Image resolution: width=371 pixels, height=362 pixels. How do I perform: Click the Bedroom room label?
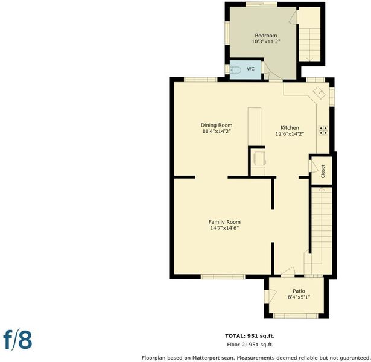(265, 36)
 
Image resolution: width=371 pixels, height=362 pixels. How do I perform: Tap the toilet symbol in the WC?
(235, 70)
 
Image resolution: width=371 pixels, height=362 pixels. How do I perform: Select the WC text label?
(250, 69)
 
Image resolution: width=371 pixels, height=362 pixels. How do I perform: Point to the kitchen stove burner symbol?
(323, 130)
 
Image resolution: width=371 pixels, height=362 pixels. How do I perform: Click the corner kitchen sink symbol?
(319, 92)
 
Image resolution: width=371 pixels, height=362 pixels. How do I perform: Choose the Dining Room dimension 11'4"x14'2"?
(216, 131)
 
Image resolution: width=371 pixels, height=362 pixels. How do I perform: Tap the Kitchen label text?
(290, 127)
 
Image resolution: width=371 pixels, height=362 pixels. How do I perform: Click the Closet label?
(323, 171)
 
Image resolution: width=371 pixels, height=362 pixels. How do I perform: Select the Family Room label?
(224, 222)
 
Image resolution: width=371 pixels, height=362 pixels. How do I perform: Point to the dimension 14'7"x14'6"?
(224, 228)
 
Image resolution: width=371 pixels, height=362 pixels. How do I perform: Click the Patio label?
(299, 291)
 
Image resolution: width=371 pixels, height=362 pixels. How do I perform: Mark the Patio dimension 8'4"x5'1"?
(299, 297)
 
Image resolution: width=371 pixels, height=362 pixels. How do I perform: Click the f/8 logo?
(17, 340)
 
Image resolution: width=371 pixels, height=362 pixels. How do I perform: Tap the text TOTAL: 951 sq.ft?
(250, 335)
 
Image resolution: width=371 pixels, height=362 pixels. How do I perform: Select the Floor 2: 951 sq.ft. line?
(250, 345)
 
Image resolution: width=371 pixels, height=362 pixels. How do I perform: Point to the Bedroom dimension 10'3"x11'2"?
(265, 42)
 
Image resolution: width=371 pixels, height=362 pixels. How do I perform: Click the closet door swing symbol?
(313, 166)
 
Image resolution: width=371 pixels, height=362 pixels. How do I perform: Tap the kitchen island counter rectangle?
(255, 127)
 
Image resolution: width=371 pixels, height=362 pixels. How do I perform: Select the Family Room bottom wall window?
(223, 276)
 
